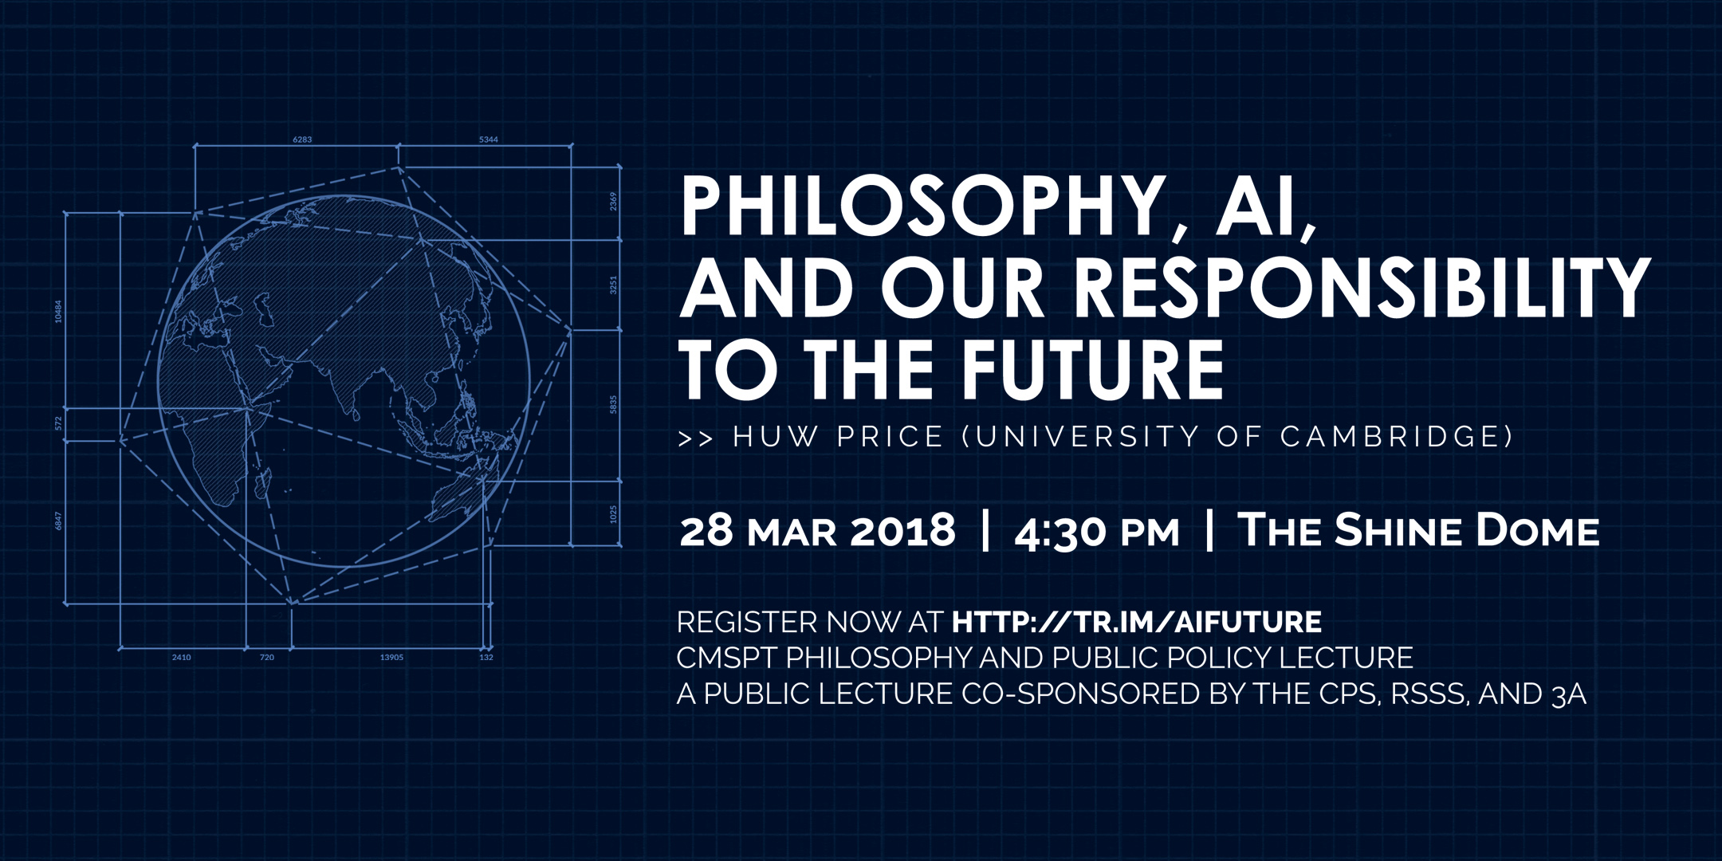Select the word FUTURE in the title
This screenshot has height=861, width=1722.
coord(1092,369)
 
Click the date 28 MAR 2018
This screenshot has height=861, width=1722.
coord(817,531)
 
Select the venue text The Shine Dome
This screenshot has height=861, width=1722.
coord(1418,530)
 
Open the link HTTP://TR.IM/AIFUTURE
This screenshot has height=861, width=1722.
coord(1137,622)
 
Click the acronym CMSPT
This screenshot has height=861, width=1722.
coord(727,658)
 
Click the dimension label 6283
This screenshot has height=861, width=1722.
coord(302,140)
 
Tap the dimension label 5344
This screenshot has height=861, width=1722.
coord(489,140)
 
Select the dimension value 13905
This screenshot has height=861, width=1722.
coord(391,658)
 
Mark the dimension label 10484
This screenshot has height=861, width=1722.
coord(58,311)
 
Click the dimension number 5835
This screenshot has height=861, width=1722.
coord(613,404)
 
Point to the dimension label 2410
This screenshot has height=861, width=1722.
coord(181,658)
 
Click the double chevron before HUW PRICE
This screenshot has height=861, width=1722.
coord(695,438)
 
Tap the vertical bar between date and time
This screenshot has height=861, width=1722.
coord(986,531)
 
